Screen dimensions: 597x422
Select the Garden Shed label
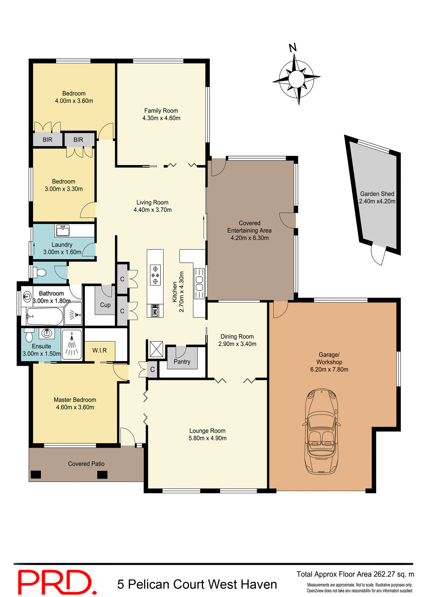pyautogui.click(x=377, y=194)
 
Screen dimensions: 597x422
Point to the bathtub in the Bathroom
pyautogui.click(x=45, y=316)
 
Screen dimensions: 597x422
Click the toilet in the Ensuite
pyautogui.click(x=29, y=336)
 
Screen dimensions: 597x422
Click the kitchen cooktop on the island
pyautogui.click(x=155, y=275)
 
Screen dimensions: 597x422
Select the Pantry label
pyautogui.click(x=182, y=362)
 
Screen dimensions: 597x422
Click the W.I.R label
pyautogui.click(x=100, y=350)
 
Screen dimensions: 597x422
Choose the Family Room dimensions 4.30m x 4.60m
pyautogui.click(x=161, y=118)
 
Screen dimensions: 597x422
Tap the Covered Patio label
pyautogui.click(x=86, y=464)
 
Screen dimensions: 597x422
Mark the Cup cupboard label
pyautogui.click(x=105, y=305)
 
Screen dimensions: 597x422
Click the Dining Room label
pyautogui.click(x=237, y=336)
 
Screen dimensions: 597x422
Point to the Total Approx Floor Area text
pyautogui.click(x=355, y=574)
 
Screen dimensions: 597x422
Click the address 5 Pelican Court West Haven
pyautogui.click(x=197, y=584)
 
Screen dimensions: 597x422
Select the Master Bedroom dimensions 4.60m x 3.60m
pyautogui.click(x=75, y=407)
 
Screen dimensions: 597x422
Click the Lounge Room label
pyautogui.click(x=207, y=431)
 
